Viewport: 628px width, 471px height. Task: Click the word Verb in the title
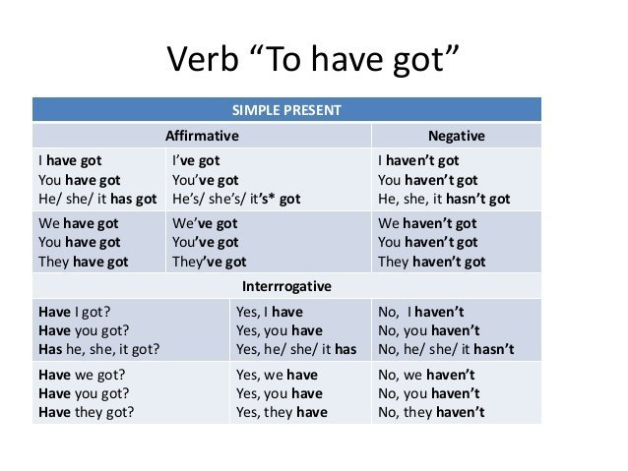(202, 59)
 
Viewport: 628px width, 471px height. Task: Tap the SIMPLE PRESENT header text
(286, 110)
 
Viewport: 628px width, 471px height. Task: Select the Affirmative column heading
(202, 136)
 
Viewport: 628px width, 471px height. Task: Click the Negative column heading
(456, 136)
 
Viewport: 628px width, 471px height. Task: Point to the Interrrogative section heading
(286, 286)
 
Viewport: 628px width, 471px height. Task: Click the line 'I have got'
(70, 161)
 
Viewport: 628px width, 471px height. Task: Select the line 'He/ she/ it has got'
(97, 199)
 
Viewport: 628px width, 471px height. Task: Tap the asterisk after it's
(272, 198)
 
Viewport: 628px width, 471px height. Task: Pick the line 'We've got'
(205, 223)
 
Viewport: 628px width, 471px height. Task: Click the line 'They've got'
(209, 262)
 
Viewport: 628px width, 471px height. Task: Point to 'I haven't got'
(418, 161)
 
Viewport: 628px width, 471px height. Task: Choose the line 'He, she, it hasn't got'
(444, 199)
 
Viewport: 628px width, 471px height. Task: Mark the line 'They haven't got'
(431, 262)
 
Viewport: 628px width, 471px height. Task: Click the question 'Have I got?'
(75, 312)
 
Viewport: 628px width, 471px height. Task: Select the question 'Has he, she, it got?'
(99, 349)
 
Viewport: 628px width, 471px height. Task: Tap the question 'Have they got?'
(86, 412)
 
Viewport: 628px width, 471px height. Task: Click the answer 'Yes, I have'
(270, 312)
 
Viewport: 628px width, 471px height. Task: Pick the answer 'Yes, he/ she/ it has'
(296, 349)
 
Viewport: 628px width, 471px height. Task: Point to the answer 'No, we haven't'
(426, 375)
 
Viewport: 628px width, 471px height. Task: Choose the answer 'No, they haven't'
(431, 412)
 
